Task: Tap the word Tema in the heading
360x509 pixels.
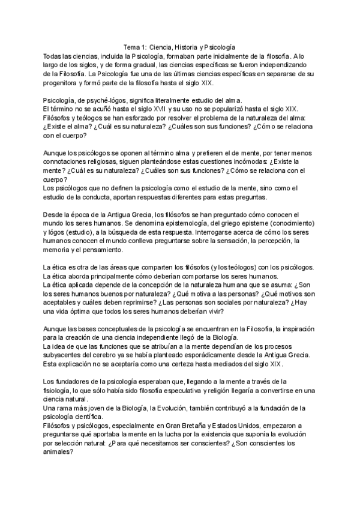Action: [131, 46]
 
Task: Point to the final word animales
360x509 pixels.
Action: [59, 453]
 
